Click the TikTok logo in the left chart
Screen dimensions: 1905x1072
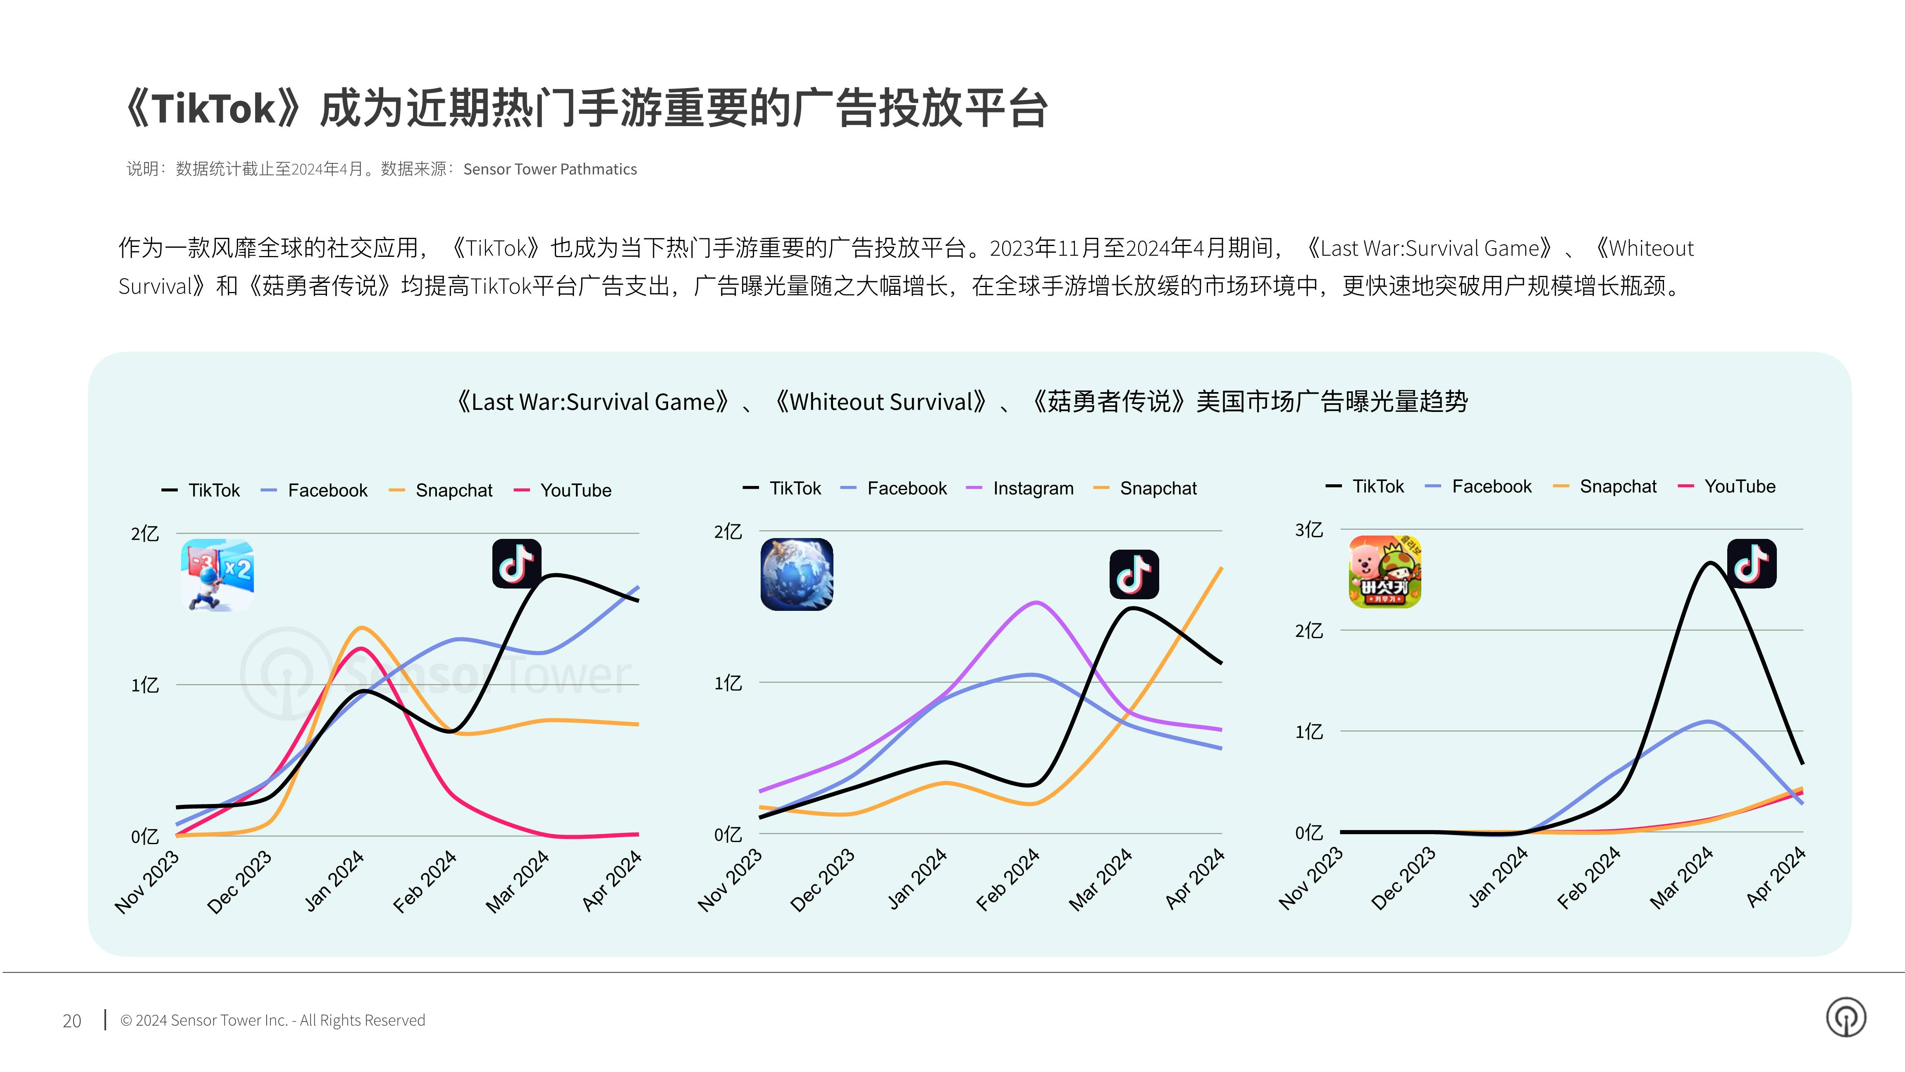[x=517, y=564]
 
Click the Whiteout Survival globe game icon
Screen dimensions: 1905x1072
[x=797, y=574]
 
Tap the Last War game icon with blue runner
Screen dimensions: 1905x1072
[x=217, y=575]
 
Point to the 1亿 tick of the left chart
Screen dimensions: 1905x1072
[x=145, y=685]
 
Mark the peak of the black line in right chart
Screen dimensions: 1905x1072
[x=1711, y=563]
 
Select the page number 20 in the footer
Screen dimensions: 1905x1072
[x=72, y=1021]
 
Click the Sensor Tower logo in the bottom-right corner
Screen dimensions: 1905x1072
[x=1847, y=1017]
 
